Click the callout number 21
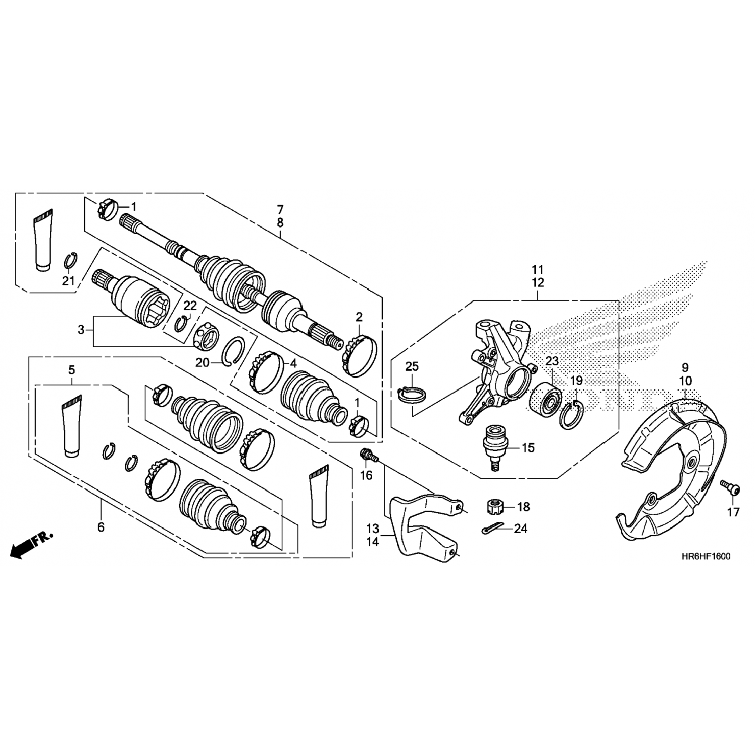point(68,280)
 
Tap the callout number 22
point(190,306)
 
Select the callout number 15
point(528,447)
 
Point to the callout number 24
point(521,528)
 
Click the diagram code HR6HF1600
point(704,557)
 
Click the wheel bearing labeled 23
point(547,400)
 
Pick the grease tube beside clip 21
point(43,240)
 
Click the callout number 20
point(203,362)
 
